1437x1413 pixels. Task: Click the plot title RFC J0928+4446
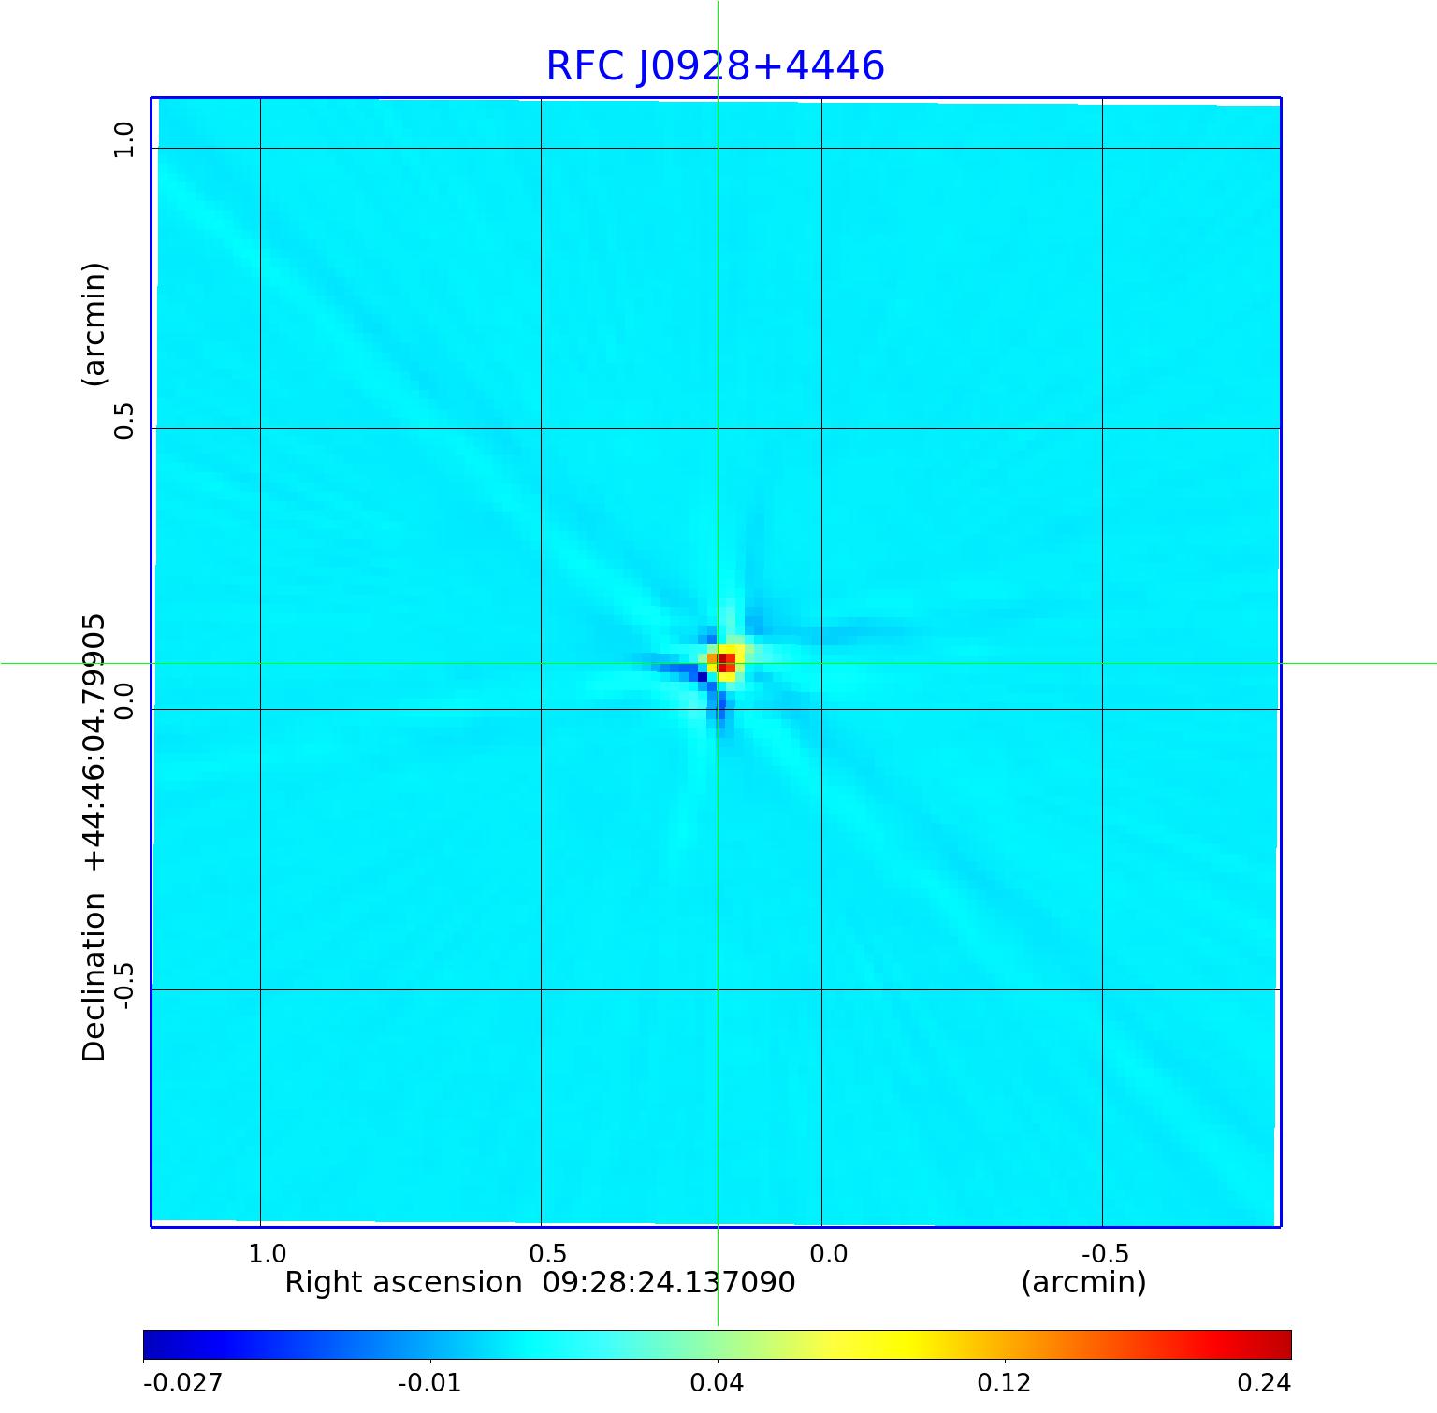(715, 66)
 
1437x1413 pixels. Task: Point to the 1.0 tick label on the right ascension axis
(268, 1253)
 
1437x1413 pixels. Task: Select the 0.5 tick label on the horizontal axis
(548, 1253)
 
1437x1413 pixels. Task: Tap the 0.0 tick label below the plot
(829, 1253)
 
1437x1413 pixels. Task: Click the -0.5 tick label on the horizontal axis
(1105, 1253)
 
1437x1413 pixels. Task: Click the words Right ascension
(403, 1282)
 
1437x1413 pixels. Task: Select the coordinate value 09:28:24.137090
(669, 1282)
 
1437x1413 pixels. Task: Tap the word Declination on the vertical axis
(94, 977)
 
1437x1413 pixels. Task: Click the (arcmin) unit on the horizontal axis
(1083, 1282)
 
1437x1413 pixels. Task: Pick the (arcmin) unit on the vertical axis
(94, 324)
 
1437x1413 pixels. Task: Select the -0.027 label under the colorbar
(182, 1382)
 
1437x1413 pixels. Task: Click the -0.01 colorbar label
(429, 1382)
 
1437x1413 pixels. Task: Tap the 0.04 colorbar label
(717, 1382)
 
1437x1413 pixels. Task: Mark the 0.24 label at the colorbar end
(1264, 1382)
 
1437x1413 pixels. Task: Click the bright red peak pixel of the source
(726, 663)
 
